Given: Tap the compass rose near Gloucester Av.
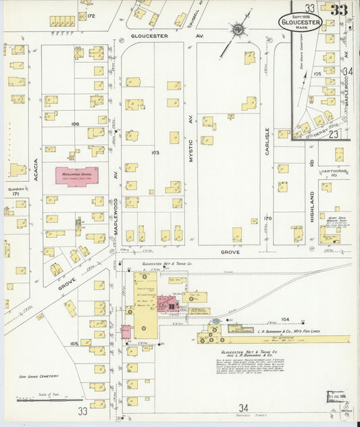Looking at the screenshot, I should pyautogui.click(x=238, y=30).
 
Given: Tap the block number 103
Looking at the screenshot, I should pyautogui.click(x=155, y=153).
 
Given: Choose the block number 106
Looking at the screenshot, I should pyautogui.click(x=75, y=124).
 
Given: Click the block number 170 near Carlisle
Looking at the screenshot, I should pyautogui.click(x=267, y=218).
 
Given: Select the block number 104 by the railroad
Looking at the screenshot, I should pyautogui.click(x=284, y=319).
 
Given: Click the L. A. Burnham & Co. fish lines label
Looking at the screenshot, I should pyautogui.click(x=265, y=332).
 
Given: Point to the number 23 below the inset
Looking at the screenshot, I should pyautogui.click(x=333, y=134).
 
